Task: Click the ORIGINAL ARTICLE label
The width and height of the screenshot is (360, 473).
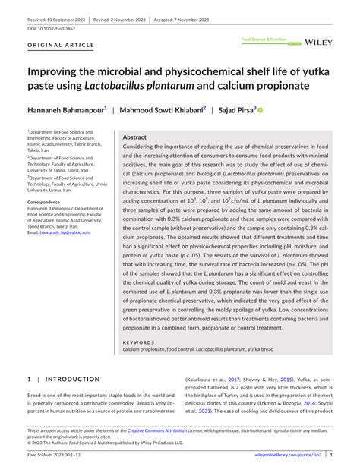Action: coord(60,46)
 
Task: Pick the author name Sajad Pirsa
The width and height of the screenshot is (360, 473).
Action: coord(236,109)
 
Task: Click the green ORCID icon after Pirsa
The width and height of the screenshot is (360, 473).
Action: coord(260,110)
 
